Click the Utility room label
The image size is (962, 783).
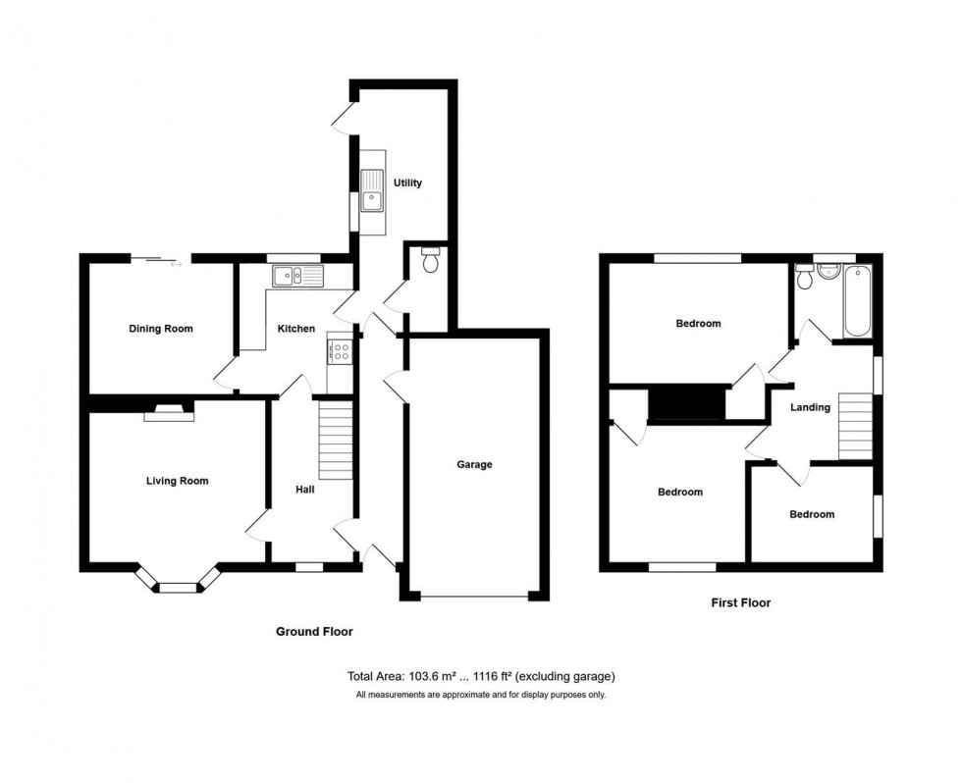407,183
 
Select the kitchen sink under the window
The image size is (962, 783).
297,276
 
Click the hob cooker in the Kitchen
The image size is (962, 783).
340,350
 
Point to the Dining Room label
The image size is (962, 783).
161,329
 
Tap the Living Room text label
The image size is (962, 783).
177,481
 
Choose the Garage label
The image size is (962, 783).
473,464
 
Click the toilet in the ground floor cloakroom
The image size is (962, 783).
430,260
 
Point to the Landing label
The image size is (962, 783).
810,407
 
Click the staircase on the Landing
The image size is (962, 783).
856,425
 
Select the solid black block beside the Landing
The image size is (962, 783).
687,402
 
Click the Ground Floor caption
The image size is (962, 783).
313,632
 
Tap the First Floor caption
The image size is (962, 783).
740,602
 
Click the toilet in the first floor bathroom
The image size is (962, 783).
806,279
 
